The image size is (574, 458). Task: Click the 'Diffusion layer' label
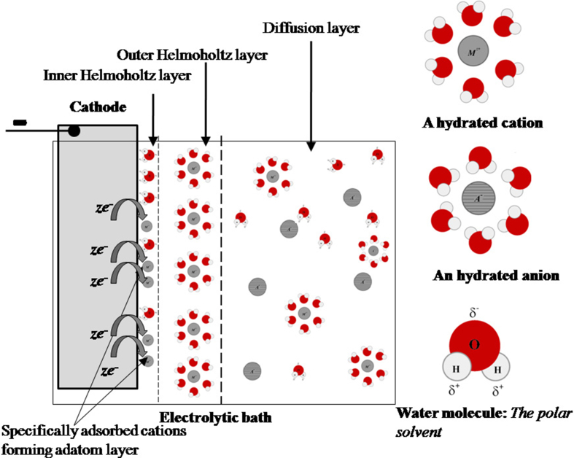310,30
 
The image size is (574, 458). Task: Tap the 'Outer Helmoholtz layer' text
193,55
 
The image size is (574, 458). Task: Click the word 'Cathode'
98,107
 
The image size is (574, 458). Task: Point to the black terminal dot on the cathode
74,131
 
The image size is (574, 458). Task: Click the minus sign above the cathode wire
20,122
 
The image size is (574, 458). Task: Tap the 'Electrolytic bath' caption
215,418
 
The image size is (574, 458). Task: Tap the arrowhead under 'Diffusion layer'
311,148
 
